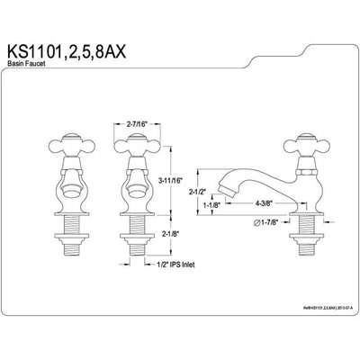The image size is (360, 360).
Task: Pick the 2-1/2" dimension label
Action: click(x=224, y=193)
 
